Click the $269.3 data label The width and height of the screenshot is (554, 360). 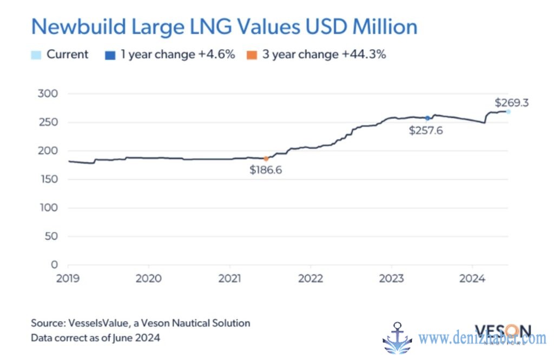512,102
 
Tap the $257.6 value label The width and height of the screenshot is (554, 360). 426,130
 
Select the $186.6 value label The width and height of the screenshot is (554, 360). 266,170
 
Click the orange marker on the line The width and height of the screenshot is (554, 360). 266,158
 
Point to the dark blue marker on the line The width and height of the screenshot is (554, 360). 427,118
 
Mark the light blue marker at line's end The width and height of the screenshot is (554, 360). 508,111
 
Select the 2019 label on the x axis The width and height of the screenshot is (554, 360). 68,279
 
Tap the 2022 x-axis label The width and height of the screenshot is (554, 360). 311,279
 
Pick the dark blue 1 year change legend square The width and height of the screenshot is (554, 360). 111,55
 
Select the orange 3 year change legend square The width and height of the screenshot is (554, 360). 252,55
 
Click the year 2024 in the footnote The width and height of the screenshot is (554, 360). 150,338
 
